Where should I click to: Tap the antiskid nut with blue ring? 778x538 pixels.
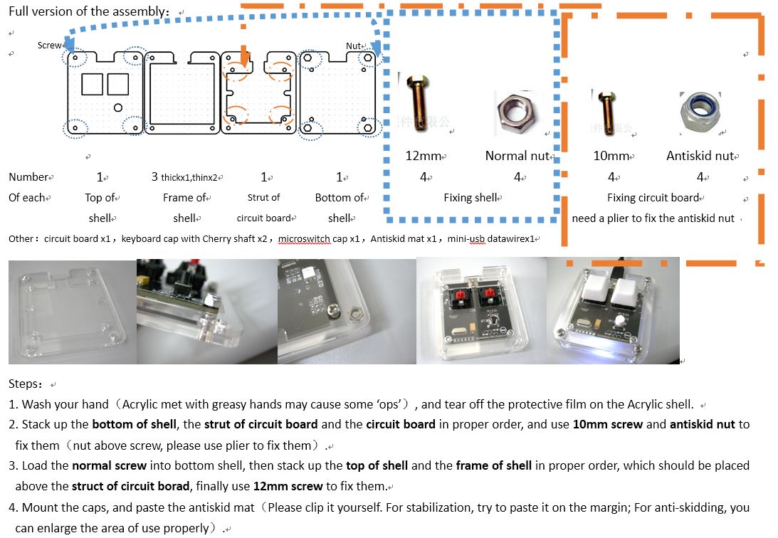[700, 112]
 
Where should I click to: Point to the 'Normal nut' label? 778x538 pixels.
[517, 156]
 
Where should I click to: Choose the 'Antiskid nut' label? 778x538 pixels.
[702, 156]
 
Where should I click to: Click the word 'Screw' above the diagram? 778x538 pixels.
[50, 46]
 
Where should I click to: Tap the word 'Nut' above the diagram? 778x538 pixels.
[354, 46]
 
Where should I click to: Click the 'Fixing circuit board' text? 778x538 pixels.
[653, 198]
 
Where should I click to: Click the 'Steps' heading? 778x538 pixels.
[26, 384]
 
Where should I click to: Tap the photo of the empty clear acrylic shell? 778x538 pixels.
[71, 312]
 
